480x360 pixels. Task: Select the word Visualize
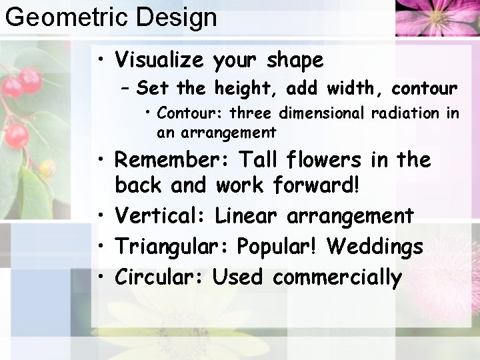pyautogui.click(x=159, y=60)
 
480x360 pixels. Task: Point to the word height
pyautogui.click(x=248, y=88)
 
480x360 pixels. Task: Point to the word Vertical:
pyautogui.click(x=163, y=216)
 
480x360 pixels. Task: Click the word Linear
pyautogui.click(x=246, y=216)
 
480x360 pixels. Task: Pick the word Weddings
pyautogui.click(x=375, y=247)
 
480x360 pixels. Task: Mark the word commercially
pyautogui.click(x=337, y=277)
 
